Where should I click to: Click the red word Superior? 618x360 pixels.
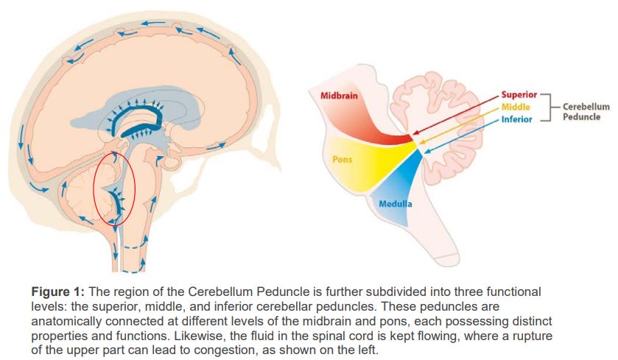520,96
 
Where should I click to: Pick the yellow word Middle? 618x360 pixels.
516,107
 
